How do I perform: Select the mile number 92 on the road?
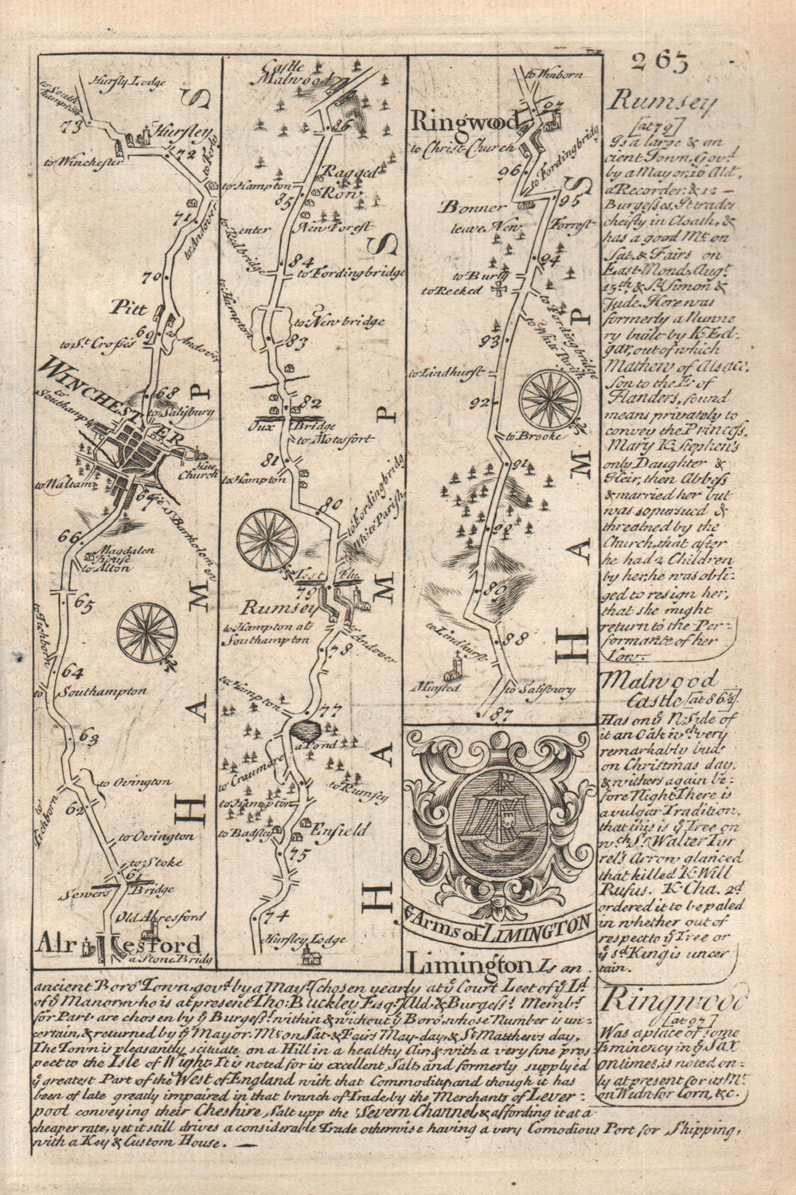click(x=478, y=403)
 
